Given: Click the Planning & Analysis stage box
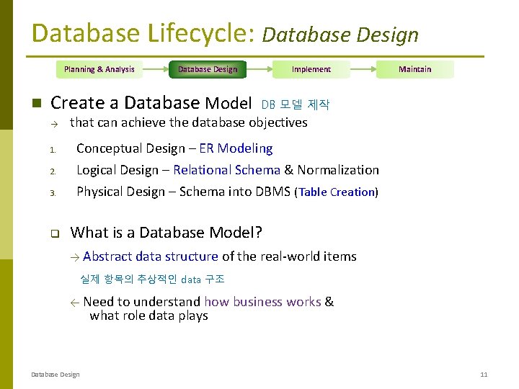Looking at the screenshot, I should [99, 69].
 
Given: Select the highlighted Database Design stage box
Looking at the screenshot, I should [208, 69].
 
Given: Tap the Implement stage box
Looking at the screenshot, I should [311, 69].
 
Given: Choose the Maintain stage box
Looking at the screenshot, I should [414, 69].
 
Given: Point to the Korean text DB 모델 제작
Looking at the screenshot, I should [295, 105].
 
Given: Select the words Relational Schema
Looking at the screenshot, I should [226, 170].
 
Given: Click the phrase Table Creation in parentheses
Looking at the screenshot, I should [337, 192].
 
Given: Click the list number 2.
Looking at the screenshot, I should [53, 171].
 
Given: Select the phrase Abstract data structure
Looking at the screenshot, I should [150, 256].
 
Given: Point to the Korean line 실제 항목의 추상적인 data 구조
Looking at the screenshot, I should [152, 279].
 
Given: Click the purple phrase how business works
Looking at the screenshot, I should [262, 302].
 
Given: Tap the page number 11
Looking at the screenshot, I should [484, 375].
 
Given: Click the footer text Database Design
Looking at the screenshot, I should [56, 375].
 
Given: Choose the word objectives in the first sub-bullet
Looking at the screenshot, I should [278, 122].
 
